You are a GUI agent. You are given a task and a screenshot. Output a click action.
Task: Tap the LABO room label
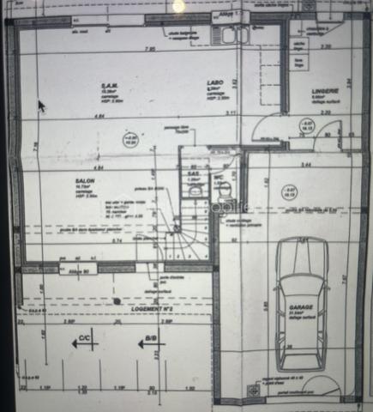click(x=214, y=82)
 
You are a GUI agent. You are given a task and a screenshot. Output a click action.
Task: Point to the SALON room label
click(x=83, y=182)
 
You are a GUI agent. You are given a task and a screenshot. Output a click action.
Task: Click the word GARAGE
click(x=299, y=306)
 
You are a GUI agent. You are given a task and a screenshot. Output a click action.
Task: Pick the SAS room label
click(x=193, y=173)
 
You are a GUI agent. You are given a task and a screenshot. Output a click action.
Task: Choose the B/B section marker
click(x=151, y=339)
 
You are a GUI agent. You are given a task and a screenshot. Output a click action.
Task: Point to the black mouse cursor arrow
click(x=41, y=106)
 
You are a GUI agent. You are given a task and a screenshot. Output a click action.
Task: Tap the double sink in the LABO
click(x=232, y=34)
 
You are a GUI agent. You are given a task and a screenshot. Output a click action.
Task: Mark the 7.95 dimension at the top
click(x=150, y=48)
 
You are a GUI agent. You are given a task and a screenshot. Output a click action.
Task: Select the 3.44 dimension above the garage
click(x=304, y=163)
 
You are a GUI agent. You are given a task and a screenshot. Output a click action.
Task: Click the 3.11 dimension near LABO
click(x=230, y=113)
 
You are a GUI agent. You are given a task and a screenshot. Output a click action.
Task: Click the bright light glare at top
click(x=179, y=5)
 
